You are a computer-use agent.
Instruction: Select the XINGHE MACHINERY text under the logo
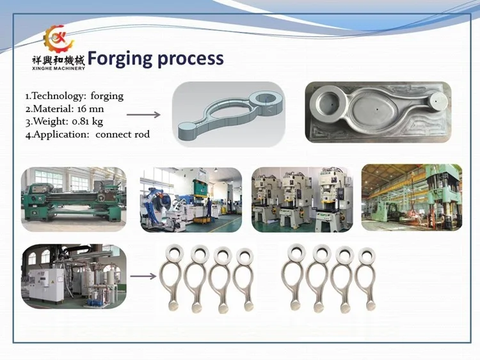click(x=58, y=68)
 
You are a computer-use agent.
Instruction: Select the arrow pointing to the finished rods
click(x=143, y=276)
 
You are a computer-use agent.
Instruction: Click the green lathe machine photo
click(x=74, y=199)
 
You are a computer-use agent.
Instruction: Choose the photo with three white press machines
click(x=302, y=199)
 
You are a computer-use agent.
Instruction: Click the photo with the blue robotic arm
click(x=191, y=199)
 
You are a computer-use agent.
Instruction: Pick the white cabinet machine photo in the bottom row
click(x=74, y=276)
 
